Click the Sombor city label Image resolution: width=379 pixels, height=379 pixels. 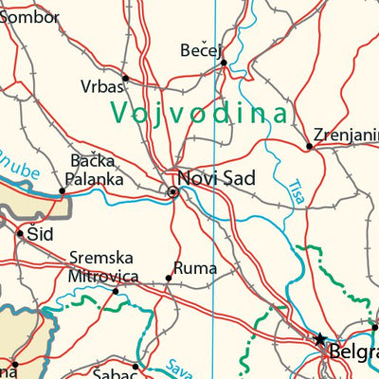pos(29,16)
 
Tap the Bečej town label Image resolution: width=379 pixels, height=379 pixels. pos(201,49)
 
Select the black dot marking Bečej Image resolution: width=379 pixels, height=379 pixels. pos(224,63)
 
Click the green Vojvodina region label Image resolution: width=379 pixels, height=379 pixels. pos(199,113)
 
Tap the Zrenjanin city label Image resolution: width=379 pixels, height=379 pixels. pos(345,134)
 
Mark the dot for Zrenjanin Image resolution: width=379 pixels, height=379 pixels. pos(309,146)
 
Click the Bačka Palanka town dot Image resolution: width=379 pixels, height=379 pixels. pos(63,190)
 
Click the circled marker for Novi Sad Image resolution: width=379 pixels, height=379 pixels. pos(173,191)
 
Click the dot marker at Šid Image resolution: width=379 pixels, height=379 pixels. pos(19,230)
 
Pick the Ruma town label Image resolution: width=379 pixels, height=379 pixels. pos(189,266)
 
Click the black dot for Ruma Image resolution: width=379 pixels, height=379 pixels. pos(169,278)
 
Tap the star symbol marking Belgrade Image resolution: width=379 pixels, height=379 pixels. pos(320,336)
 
